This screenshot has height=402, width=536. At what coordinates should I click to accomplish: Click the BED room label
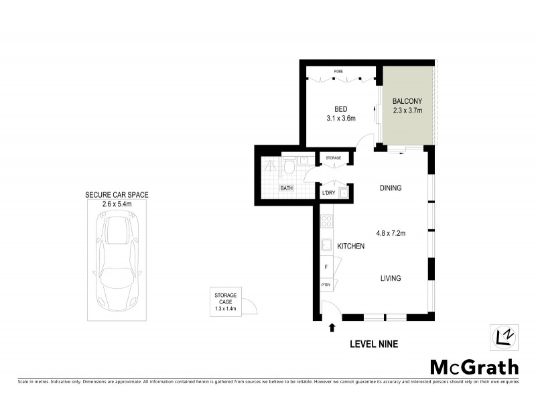pos(340,109)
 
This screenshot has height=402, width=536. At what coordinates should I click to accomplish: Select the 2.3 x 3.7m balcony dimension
pos(407,111)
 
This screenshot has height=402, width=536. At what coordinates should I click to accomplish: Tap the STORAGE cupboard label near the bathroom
pos(333,158)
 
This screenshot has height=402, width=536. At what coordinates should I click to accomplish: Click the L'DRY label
pos(328,193)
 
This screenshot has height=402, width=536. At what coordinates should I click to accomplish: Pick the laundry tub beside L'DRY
pos(344,194)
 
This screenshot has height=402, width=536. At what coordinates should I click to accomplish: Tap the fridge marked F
pos(326,267)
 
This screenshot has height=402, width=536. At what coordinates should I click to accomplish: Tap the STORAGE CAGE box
pos(225,302)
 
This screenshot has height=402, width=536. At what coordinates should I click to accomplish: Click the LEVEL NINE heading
pos(375,344)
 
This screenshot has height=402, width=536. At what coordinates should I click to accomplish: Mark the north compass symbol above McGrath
pos(503,337)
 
